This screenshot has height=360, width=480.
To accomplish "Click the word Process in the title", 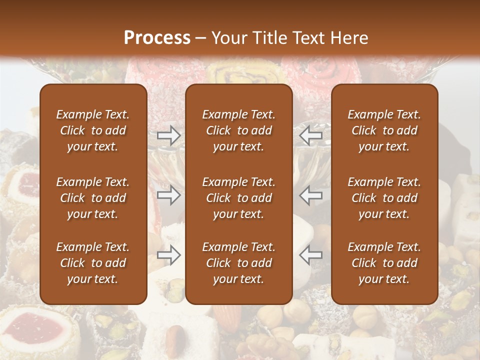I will click(157, 37).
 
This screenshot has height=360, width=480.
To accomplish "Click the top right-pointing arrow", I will click(168, 135).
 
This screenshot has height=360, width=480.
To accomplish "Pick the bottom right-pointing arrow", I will click(168, 255).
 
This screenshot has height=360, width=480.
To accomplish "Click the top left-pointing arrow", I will click(311, 135).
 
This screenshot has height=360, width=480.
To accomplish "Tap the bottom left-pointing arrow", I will click(311, 255).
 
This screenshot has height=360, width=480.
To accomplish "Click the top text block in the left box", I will click(93, 130).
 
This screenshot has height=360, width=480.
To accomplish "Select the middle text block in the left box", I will click(93, 198).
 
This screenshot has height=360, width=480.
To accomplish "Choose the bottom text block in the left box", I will click(93, 263).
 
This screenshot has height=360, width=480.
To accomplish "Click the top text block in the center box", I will click(238, 130).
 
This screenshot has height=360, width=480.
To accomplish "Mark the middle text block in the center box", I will click(238, 198).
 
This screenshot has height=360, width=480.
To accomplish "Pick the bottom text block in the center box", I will click(238, 263).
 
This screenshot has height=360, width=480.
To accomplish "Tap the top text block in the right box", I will click(384, 130).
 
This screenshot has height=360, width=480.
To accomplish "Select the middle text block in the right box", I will click(384, 198).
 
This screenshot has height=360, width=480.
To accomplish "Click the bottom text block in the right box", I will click(384, 263).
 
